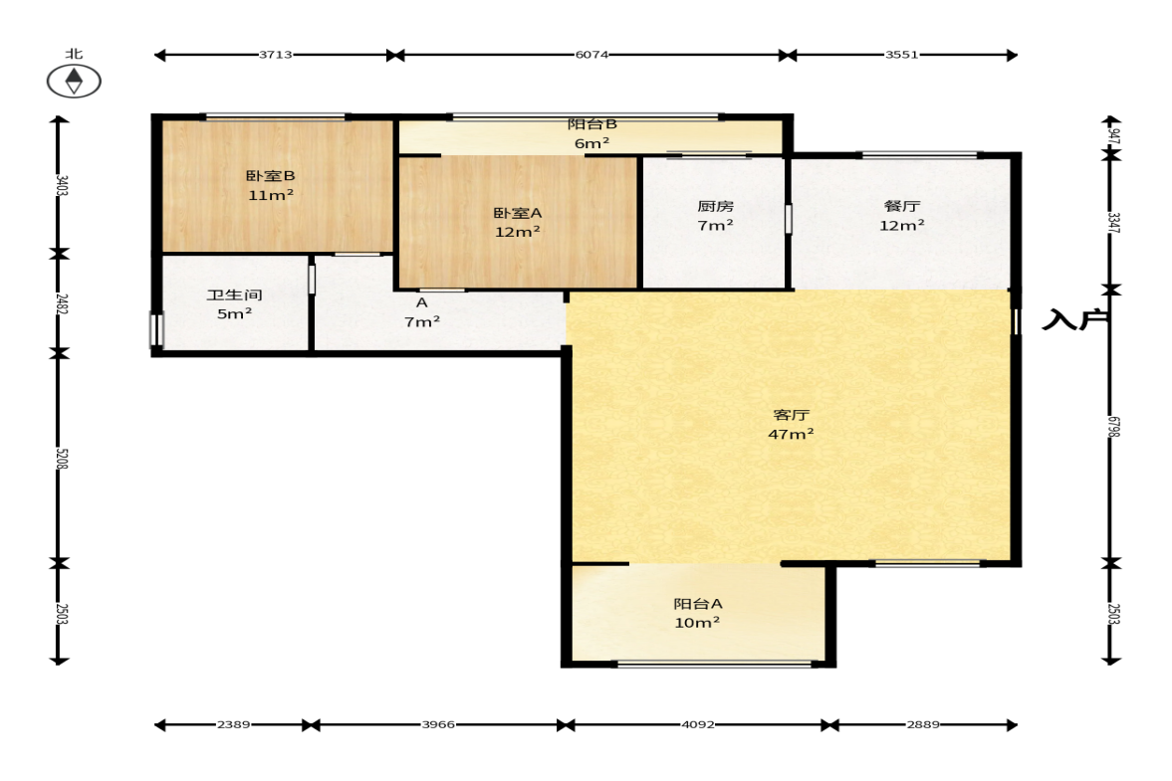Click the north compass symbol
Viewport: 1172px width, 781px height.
74,81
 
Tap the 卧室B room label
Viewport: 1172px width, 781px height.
271,176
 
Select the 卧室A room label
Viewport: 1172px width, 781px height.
517,214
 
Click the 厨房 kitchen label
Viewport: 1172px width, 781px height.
715,206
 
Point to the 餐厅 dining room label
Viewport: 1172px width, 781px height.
901,206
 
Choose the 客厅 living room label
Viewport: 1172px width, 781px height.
791,415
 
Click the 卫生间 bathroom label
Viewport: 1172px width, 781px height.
234,295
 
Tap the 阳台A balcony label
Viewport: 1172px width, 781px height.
697,604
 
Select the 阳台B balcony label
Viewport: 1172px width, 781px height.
592,124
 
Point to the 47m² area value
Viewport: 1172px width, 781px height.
791,434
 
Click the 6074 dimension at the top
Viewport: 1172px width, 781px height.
591,55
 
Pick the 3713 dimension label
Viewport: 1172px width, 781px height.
275,55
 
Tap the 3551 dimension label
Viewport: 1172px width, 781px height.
901,55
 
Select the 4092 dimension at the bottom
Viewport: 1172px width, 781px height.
697,724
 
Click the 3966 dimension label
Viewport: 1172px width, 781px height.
438,724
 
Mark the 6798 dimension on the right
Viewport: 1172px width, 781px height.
1113,427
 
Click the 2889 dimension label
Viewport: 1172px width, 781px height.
923,724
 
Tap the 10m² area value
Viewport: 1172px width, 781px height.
697,623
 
